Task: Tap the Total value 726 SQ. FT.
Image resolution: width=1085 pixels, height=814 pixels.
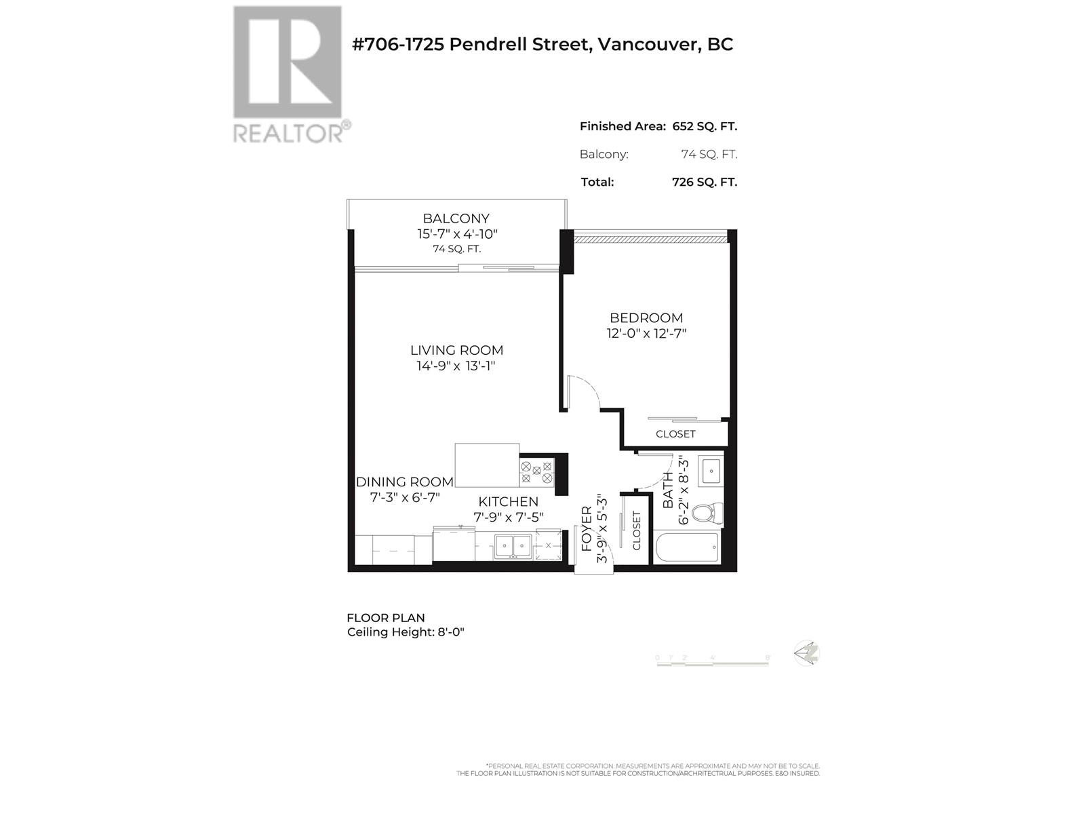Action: [704, 182]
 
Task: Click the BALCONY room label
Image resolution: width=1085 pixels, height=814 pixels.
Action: [456, 218]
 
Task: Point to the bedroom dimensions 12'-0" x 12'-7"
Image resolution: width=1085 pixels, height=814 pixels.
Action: [646, 334]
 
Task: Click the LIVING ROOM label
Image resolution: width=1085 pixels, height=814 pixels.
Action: [456, 350]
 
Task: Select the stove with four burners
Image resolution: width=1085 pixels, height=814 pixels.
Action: [536, 472]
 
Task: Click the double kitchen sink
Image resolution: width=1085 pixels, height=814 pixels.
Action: [512, 545]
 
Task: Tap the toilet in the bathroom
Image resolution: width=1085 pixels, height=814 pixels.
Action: [710, 512]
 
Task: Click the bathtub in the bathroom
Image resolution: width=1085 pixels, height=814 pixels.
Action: [686, 547]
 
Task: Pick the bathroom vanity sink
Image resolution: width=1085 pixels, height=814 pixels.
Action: [711, 470]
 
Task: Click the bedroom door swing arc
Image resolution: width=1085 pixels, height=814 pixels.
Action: [585, 393]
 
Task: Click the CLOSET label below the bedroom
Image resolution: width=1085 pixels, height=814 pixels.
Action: [675, 434]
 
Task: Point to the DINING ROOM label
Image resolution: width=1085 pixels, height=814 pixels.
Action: [404, 482]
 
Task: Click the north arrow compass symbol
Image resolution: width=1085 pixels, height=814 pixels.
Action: [808, 653]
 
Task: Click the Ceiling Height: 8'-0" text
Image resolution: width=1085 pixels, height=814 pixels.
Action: [406, 632]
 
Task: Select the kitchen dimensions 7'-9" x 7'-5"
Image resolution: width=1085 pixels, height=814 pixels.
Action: [508, 517]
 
